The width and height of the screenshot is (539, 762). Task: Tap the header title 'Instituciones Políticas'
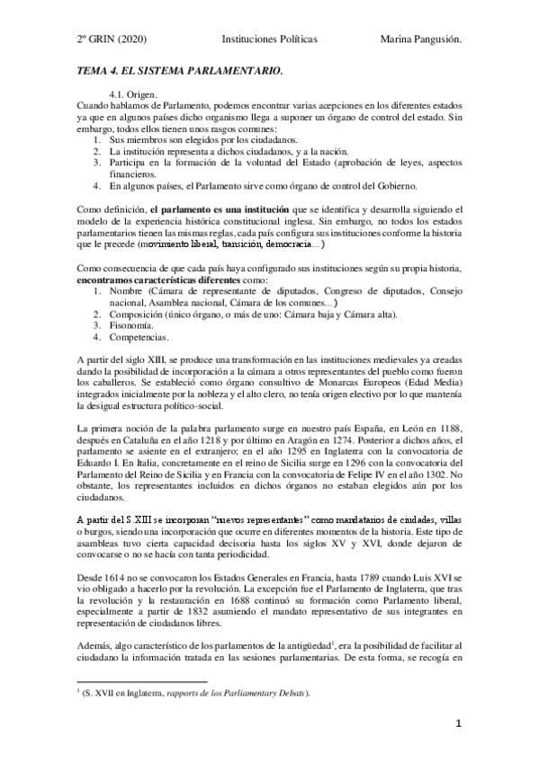(269, 40)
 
